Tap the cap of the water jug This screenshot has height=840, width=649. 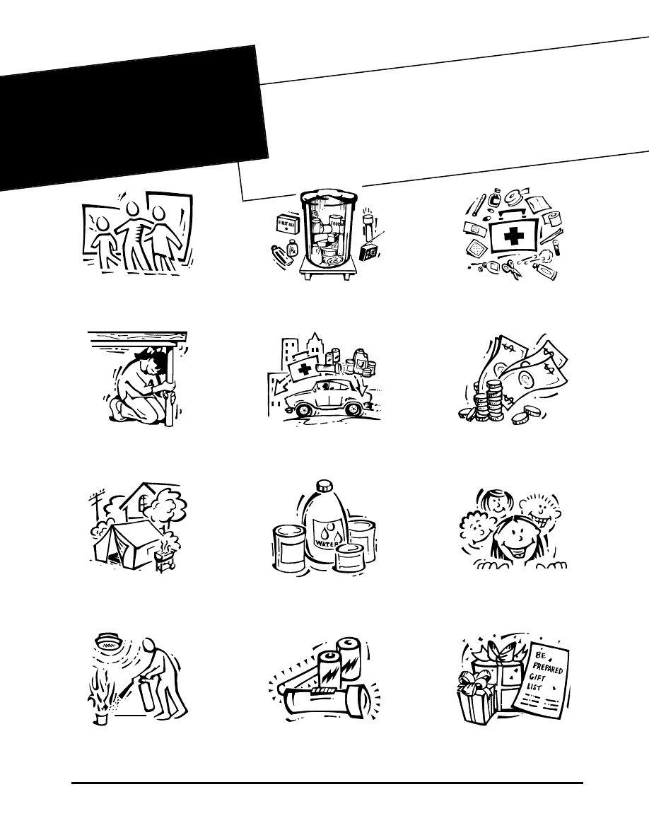324,486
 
